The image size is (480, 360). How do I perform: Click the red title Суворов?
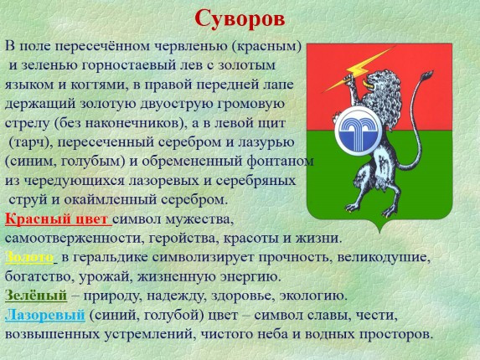point(240,19)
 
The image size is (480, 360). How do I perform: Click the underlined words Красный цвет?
point(57,219)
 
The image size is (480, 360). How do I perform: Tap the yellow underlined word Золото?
point(29,257)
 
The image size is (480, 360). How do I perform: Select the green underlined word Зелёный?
point(36,296)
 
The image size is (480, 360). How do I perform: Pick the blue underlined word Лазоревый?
point(44,315)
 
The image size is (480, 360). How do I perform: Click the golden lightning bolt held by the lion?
point(359,69)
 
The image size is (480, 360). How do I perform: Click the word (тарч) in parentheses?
point(29,142)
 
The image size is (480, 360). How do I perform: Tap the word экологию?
point(314,296)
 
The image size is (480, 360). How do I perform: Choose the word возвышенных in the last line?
point(53,334)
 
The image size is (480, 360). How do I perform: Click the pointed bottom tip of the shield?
point(379,232)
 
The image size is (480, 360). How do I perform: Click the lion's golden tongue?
point(366,84)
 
